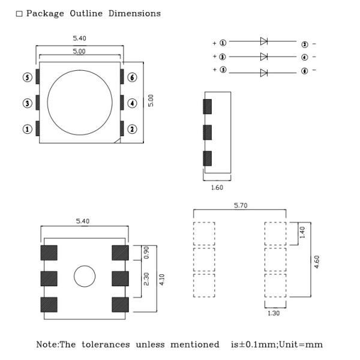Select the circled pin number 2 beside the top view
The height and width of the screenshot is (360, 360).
click(133, 129)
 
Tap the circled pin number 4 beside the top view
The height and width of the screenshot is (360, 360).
click(133, 103)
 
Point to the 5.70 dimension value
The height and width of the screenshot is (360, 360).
click(241, 206)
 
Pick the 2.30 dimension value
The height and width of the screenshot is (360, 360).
click(146, 278)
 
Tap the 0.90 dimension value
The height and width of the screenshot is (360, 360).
click(146, 252)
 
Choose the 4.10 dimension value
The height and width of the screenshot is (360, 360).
click(162, 279)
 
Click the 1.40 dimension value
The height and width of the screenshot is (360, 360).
click(302, 232)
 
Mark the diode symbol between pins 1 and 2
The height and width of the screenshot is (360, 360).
click(263, 41)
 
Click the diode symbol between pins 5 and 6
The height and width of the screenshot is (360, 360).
click(263, 73)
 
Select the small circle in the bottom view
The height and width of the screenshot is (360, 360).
click(84, 277)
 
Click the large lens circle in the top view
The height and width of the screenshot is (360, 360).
click(79, 102)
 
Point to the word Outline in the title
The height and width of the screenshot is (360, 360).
click(86, 13)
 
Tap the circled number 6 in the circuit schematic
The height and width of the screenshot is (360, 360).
click(304, 71)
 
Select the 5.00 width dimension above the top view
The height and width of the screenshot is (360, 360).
click(79, 52)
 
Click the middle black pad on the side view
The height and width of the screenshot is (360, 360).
click(208, 132)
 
